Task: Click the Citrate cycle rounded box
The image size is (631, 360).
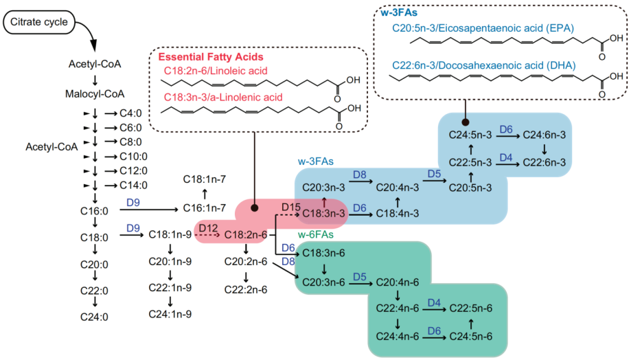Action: [38, 23]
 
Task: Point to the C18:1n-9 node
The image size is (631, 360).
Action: [170, 234]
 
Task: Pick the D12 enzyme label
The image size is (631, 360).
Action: [208, 227]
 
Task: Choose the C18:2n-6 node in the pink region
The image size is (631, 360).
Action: [246, 235]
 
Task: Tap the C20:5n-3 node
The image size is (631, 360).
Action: [470, 185]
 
